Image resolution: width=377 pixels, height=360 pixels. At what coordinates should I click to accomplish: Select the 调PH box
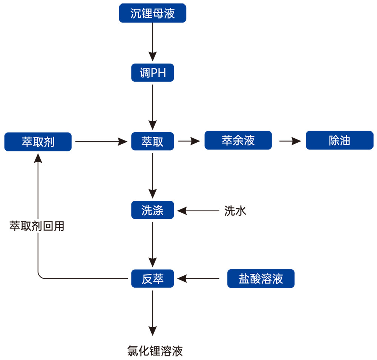pyautogui.click(x=152, y=73)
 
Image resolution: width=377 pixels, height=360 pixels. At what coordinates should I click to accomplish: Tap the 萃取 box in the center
pyautogui.click(x=152, y=142)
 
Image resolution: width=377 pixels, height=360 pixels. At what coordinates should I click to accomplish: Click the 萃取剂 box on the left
pyautogui.click(x=38, y=142)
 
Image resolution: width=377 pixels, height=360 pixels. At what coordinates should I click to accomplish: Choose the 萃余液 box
pyautogui.click(x=238, y=140)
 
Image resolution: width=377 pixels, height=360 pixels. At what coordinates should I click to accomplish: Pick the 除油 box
pyautogui.click(x=339, y=140)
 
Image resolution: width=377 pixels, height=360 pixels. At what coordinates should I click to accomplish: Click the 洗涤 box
pyautogui.click(x=152, y=210)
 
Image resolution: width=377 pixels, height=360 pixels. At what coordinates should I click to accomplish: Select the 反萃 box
pyautogui.click(x=152, y=279)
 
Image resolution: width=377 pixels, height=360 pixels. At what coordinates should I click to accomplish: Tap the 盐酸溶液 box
pyautogui.click(x=261, y=279)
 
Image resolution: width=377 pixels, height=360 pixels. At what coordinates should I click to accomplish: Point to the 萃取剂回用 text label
pyautogui.click(x=37, y=226)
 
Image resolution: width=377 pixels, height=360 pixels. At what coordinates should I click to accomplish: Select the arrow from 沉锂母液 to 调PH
pyautogui.click(x=152, y=41)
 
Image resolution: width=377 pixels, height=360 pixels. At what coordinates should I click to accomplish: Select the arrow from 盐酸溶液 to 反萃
pyautogui.click(x=198, y=279)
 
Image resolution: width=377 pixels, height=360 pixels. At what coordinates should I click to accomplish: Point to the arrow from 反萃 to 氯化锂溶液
pyautogui.click(x=152, y=313)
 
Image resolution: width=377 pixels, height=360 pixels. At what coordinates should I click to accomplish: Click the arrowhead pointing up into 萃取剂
pyautogui.click(x=38, y=159)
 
